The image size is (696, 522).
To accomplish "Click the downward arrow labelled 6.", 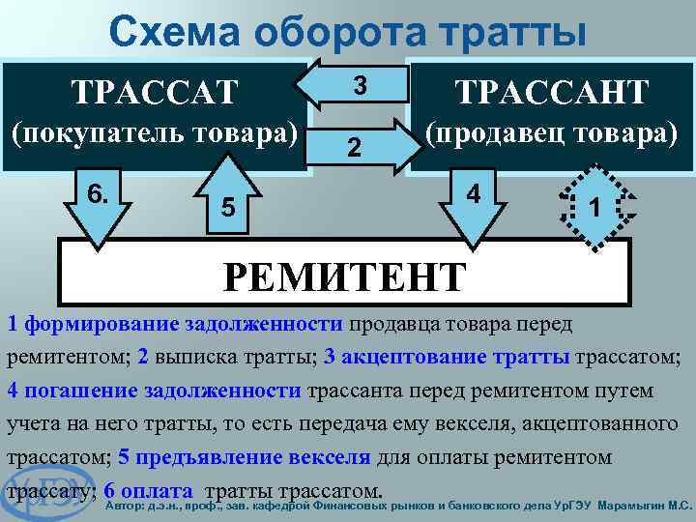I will tap(98, 208).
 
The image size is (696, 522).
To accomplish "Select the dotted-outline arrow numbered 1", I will tap(596, 204).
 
